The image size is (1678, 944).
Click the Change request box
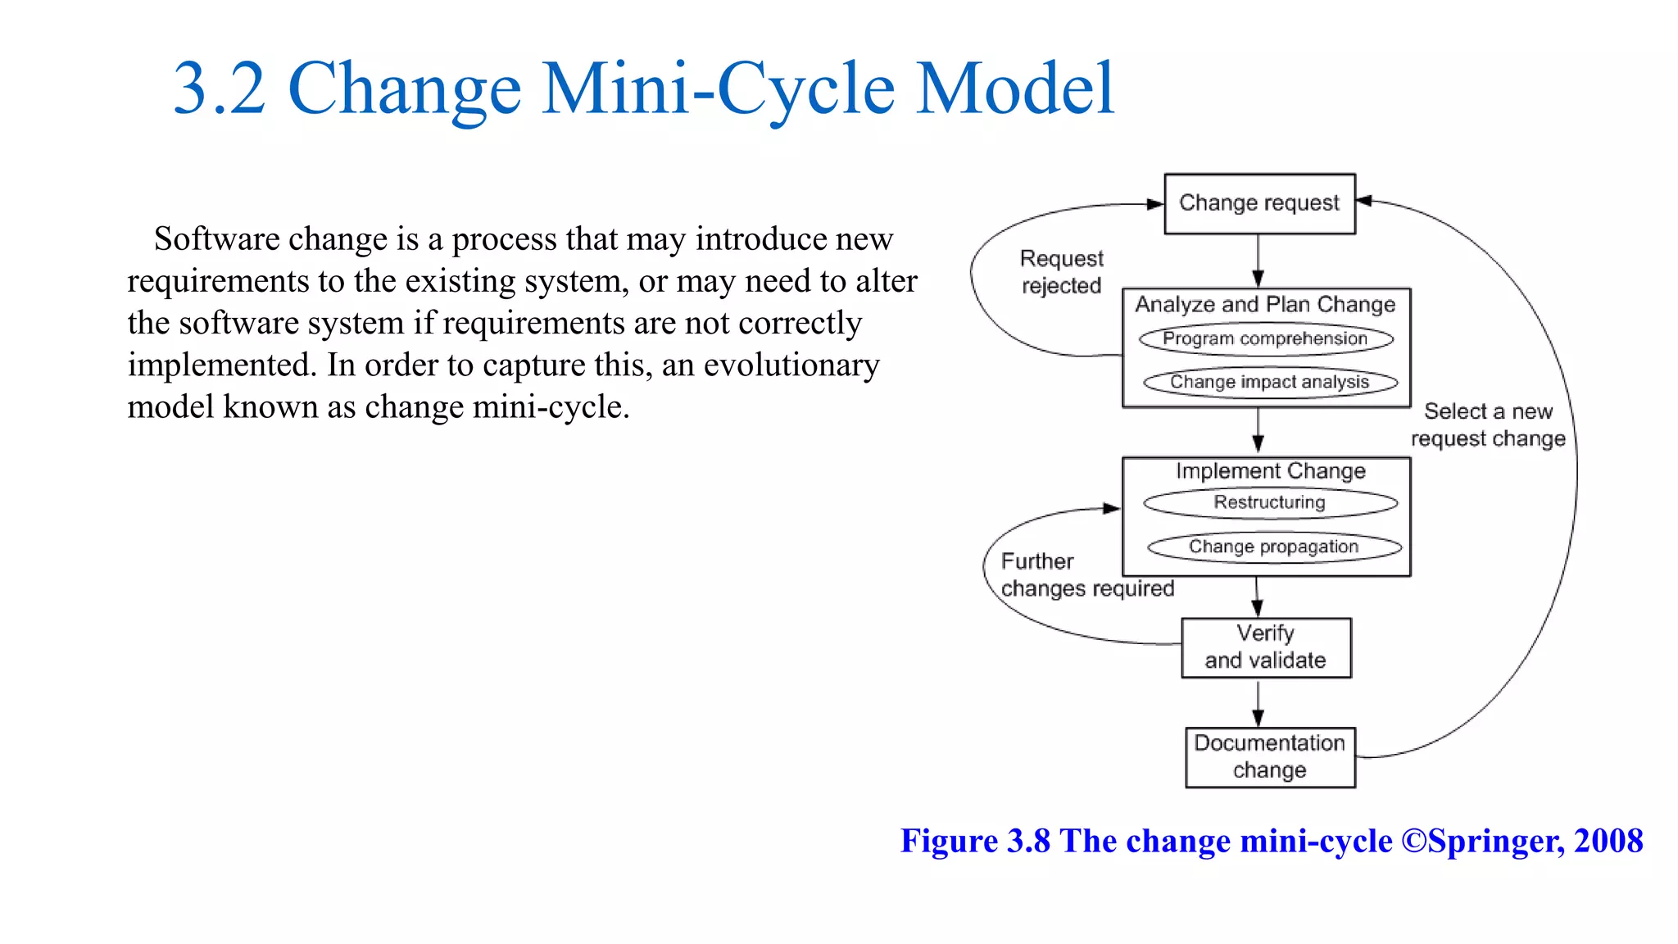pos(1259,203)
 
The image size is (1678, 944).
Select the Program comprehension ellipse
pos(1266,339)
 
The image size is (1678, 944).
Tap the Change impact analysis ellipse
pos(1270,383)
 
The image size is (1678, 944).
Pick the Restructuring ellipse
pos(1270,502)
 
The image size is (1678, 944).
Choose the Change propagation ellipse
pos(1274,547)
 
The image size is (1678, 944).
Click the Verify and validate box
pos(1266,647)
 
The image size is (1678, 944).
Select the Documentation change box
pos(1270,757)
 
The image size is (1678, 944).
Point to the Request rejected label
pos(1061,272)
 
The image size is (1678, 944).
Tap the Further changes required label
pos(1086,575)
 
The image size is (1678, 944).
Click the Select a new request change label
pos(1488,425)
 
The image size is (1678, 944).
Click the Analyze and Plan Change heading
pos(1265,305)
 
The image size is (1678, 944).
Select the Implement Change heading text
pos(1270,471)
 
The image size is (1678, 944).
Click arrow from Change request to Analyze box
pos(1258,261)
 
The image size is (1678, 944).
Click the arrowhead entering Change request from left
pos(1154,204)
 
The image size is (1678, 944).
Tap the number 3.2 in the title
pos(220,88)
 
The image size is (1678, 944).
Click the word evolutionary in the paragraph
pos(791,365)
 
